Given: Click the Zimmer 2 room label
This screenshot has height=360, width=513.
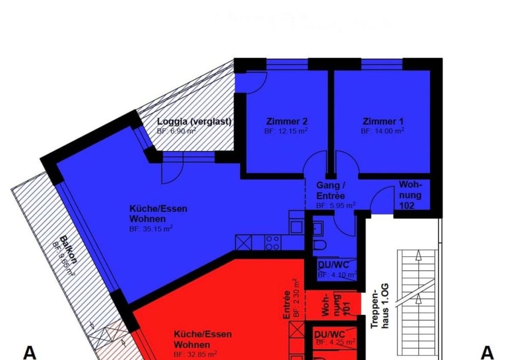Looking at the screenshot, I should coord(287,122).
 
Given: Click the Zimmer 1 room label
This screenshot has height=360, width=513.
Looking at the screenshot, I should coord(383,122).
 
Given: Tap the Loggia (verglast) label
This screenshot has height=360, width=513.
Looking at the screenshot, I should coord(194,122).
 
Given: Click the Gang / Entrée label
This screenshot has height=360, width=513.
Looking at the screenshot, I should coord(330,190).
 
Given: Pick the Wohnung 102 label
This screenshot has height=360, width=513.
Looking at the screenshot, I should coord(410,195).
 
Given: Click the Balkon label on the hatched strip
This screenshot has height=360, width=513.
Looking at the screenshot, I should coord(68,249).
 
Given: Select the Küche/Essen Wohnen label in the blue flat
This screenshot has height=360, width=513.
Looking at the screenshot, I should coord(158,214).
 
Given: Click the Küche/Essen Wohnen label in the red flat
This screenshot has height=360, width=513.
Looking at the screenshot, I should coord(202,339).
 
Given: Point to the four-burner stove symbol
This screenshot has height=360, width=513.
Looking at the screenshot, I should coord(272,242).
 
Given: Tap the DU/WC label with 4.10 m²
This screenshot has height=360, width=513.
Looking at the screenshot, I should coord(333,265).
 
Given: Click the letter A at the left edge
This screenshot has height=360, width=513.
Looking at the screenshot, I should coord(30,353).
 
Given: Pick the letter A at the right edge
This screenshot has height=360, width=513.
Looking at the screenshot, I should coord(486,353).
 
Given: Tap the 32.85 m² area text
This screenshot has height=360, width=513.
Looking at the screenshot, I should coord(195,354).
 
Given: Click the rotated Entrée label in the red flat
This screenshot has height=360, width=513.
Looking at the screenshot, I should coord(287,305).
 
